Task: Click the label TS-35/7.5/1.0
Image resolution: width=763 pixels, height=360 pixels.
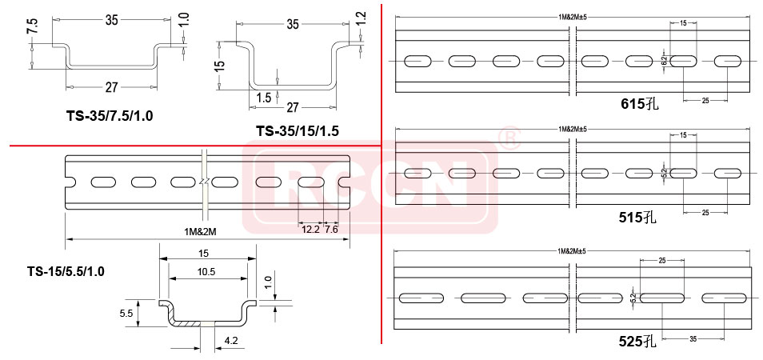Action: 110,116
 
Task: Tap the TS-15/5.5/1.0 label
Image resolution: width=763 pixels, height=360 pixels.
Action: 66,271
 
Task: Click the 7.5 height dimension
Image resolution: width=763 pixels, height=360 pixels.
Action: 32,26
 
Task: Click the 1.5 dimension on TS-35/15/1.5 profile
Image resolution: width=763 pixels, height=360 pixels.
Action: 263,98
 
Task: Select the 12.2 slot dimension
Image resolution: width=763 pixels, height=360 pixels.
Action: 310,230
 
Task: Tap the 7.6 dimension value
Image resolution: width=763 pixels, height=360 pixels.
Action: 332,230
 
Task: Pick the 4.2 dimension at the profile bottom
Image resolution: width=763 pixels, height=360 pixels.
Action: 231,342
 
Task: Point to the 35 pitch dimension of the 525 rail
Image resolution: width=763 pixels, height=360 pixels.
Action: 693,338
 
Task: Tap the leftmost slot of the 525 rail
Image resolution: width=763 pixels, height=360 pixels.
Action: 421,298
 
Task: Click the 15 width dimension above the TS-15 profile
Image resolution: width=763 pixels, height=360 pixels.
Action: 205,254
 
